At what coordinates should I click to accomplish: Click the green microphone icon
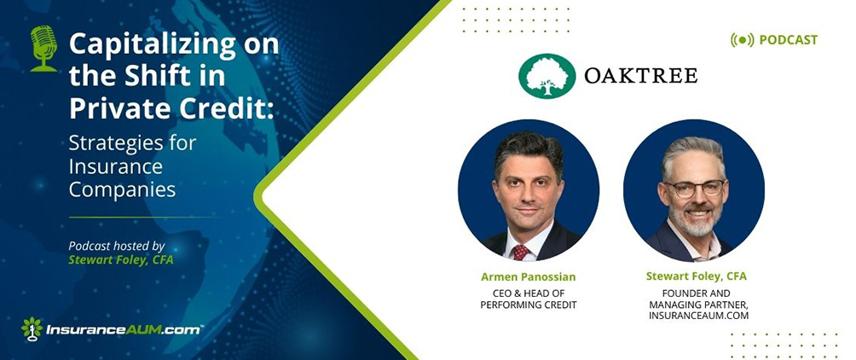[x=43, y=49]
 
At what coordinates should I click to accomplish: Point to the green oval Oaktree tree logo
[x=547, y=76]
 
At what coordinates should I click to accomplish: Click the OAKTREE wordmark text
[x=640, y=75]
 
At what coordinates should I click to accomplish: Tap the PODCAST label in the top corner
[x=788, y=40]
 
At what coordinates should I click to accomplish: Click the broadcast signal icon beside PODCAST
[x=742, y=40]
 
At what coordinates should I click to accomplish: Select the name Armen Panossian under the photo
[x=528, y=277]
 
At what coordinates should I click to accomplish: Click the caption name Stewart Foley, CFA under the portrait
[x=696, y=276]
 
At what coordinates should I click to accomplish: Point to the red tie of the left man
[x=520, y=252]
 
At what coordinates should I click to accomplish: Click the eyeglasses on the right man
[x=694, y=189]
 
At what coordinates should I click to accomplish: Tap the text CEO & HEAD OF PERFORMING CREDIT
[x=528, y=299]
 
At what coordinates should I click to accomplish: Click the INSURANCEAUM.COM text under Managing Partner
[x=698, y=316]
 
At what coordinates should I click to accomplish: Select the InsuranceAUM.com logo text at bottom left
[x=124, y=330]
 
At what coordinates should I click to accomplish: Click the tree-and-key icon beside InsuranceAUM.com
[x=32, y=328]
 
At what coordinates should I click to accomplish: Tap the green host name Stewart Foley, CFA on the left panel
[x=121, y=260]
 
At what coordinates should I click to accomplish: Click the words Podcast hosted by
[x=117, y=247]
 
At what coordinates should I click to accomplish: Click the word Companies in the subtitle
[x=122, y=189]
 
